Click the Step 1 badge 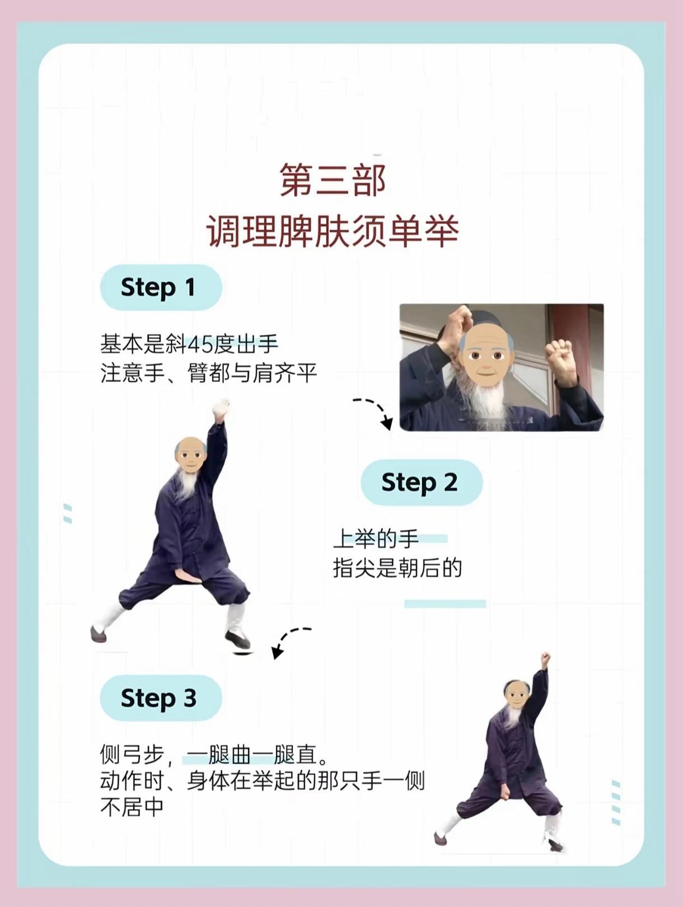coord(161,287)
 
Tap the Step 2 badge coord(422,482)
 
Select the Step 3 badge coord(161,698)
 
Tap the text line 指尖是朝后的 coord(397,568)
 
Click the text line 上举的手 coord(376,539)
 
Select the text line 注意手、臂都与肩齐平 coord(209,373)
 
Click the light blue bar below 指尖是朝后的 coord(445,604)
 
